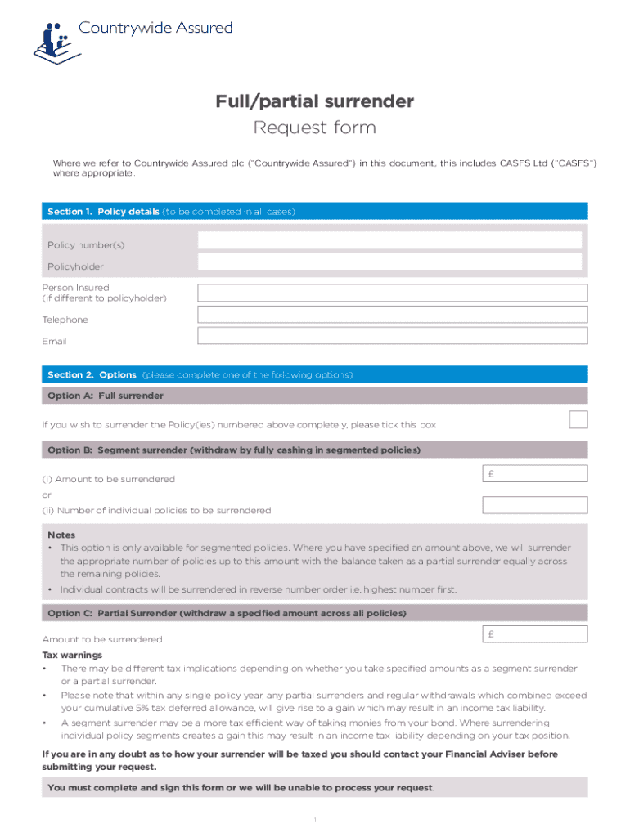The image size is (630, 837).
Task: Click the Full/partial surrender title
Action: pos(315,101)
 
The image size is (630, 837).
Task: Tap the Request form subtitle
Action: pos(315,128)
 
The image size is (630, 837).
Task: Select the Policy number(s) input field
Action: pos(390,240)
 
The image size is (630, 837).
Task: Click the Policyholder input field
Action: pos(390,262)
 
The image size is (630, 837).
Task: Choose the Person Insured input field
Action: pos(392,293)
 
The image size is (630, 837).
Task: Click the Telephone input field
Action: pos(392,315)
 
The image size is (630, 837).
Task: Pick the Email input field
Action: pos(392,336)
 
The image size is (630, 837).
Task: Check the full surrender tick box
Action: pos(578,420)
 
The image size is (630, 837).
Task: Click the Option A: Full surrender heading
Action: pos(106,396)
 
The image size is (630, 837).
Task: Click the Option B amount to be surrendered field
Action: pos(535,473)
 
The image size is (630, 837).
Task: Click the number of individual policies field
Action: pos(535,505)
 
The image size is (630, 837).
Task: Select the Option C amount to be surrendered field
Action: pos(535,634)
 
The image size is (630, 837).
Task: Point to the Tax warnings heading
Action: pos(73,656)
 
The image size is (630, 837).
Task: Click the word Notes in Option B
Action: pos(61,535)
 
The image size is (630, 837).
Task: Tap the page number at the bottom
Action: pos(315,820)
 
